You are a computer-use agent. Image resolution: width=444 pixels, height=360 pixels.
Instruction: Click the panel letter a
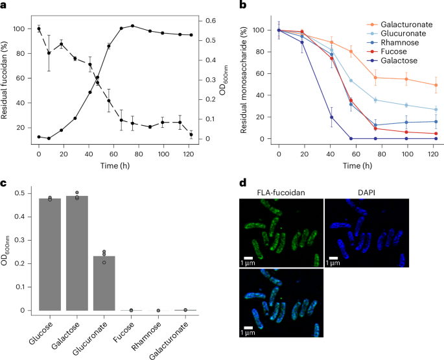tap(5, 5)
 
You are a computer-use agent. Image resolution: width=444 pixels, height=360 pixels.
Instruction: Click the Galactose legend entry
tap(393, 78)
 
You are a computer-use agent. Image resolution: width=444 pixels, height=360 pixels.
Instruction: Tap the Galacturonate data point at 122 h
tap(436, 85)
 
